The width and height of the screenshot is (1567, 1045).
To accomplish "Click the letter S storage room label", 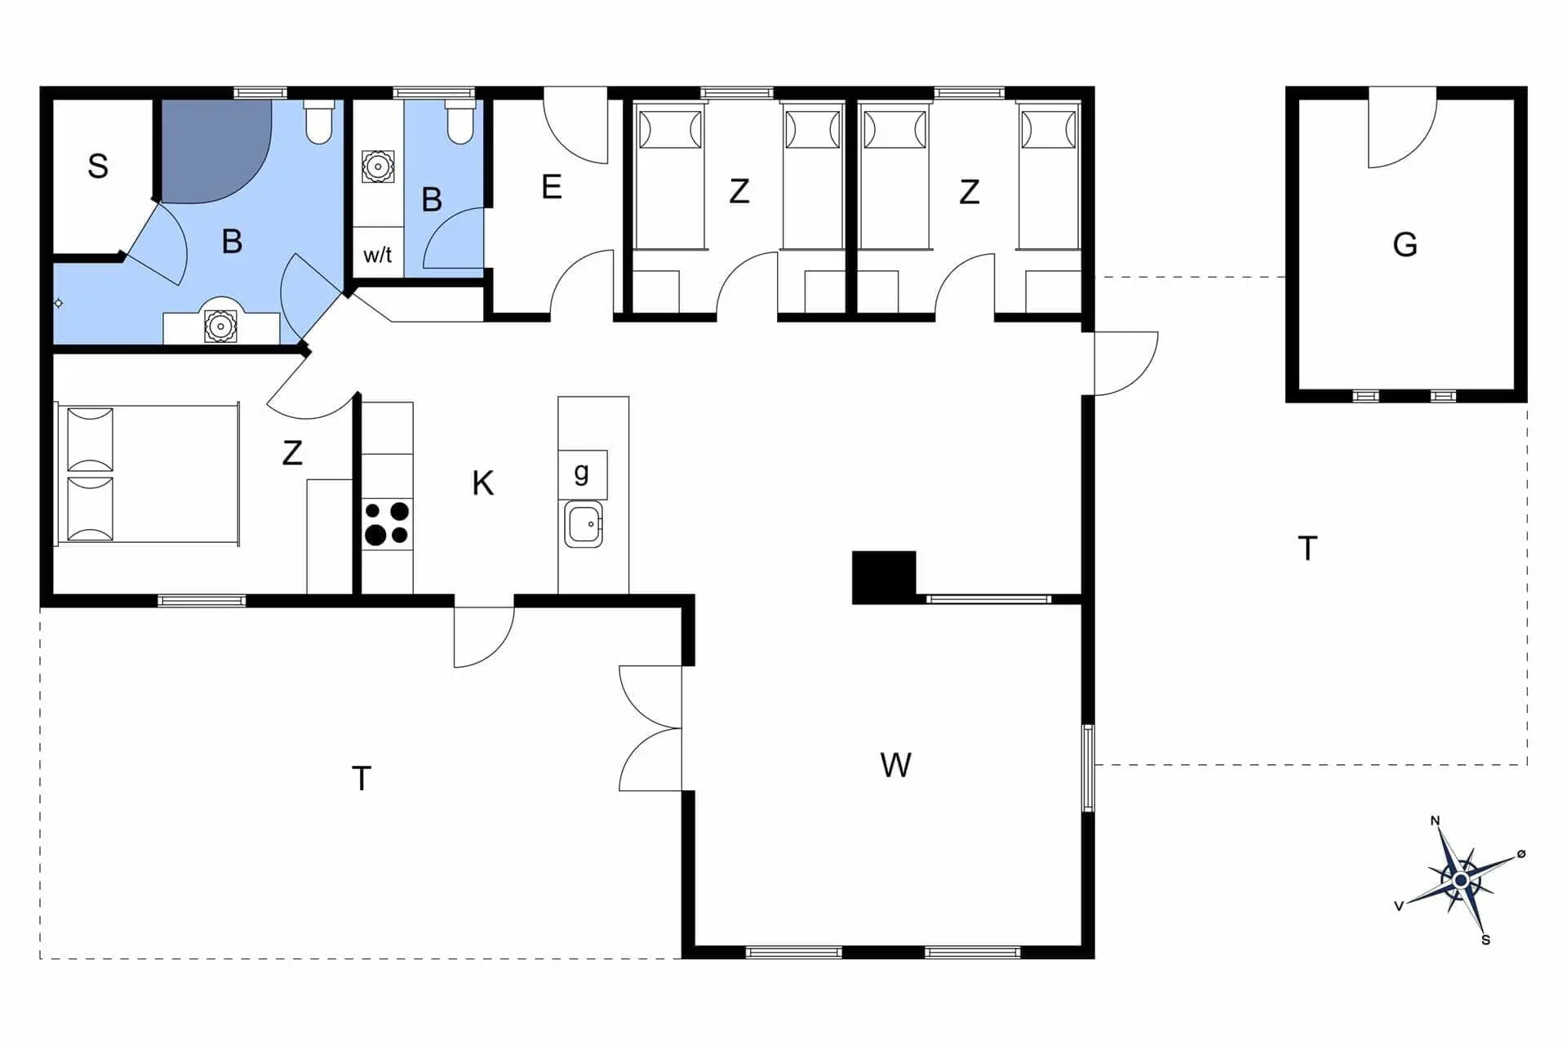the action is click(x=98, y=167).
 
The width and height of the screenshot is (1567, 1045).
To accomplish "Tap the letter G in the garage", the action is click(x=1405, y=244).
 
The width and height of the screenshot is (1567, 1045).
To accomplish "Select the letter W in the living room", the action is click(x=895, y=765).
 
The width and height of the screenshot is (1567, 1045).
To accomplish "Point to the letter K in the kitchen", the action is click(x=482, y=483).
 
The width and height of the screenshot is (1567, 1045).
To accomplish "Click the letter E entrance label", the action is click(x=552, y=187).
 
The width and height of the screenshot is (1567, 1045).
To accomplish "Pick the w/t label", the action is click(x=377, y=255).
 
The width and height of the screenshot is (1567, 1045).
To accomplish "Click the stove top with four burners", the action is click(x=387, y=523).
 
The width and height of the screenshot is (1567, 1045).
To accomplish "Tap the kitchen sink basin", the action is click(x=584, y=523).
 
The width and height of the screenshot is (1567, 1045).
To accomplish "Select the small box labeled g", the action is click(x=583, y=474).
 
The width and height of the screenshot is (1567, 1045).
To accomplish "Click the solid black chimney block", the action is click(x=884, y=577).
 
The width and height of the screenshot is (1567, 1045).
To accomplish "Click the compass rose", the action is click(x=1461, y=880).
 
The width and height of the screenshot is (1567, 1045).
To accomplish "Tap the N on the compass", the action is click(x=1436, y=820).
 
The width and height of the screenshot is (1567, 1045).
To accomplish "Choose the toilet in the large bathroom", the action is click(x=318, y=122).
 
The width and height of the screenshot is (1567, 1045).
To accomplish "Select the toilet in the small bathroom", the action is click(x=460, y=122).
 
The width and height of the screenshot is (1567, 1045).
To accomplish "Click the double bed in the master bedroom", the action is click(x=148, y=474).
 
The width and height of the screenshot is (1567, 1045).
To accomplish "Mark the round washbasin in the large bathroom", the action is click(x=220, y=326).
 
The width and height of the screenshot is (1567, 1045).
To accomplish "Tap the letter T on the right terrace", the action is click(x=1307, y=548).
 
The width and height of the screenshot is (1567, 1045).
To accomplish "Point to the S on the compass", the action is click(x=1485, y=940).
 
